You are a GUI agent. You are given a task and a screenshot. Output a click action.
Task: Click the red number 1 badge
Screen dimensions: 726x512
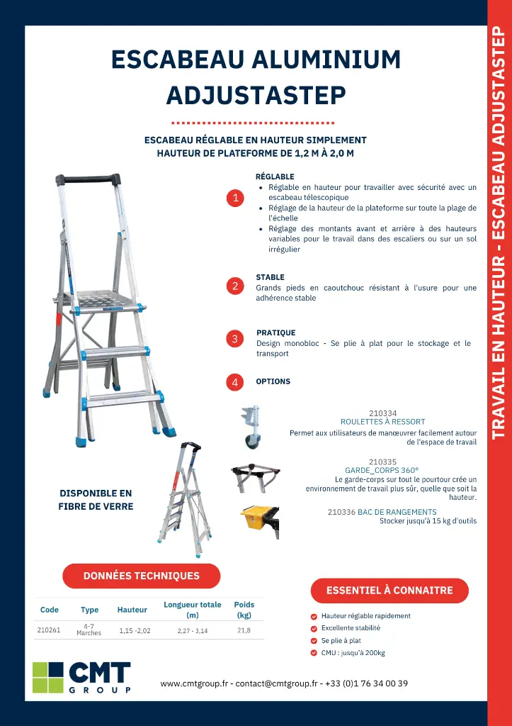point(235,198)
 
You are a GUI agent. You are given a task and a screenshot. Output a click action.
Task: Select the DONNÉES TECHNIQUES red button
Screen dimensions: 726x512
point(142,576)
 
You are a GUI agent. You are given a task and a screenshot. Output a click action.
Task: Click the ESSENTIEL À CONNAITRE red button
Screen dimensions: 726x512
point(389,590)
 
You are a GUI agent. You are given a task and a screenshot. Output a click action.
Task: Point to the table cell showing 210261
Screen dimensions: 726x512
point(49,630)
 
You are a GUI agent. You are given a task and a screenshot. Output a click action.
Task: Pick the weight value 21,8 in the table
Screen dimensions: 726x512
point(244,630)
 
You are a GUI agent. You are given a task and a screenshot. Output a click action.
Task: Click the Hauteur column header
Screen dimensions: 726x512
point(132,610)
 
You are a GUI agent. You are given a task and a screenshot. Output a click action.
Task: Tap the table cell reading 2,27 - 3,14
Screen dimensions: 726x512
point(193,630)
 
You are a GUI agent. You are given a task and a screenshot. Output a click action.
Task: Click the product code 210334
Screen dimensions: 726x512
point(382,413)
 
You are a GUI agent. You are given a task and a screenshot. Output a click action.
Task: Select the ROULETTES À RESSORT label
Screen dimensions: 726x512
point(382,422)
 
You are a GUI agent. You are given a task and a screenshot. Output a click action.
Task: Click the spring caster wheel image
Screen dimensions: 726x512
point(251,428)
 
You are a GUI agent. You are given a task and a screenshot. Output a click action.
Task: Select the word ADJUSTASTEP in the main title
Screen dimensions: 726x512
point(256,94)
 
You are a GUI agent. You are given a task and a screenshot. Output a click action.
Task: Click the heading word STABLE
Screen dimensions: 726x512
point(270,277)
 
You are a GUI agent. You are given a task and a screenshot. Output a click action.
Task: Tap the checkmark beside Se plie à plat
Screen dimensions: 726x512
point(314,641)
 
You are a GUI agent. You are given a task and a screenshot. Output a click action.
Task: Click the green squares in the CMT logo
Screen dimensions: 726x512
point(48,677)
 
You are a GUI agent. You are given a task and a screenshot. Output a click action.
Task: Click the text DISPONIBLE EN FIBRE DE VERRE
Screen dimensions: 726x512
point(96,500)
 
